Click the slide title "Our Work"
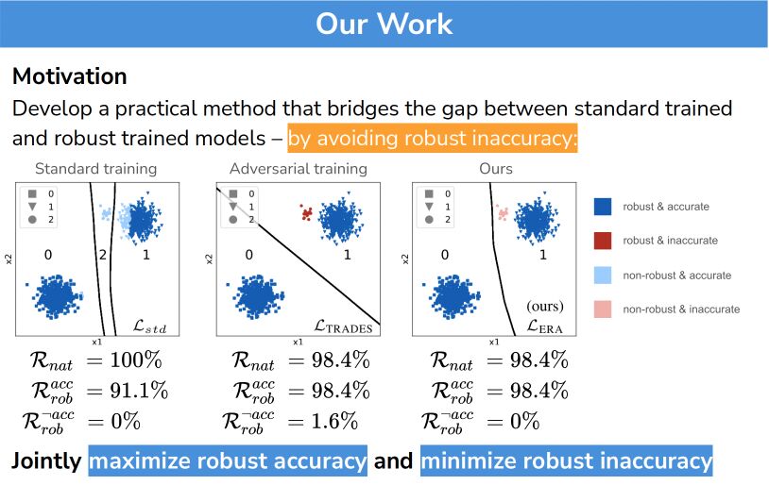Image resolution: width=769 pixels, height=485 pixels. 384,24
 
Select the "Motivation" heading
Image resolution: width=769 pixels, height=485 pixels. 70,75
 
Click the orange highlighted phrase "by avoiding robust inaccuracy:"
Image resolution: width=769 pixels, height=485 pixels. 432,139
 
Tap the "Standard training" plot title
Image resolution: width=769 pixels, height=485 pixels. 96,170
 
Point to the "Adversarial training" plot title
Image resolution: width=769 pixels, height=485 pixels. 298,170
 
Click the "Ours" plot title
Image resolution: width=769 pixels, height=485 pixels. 496,170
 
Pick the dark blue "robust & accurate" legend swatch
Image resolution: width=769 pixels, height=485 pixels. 602,206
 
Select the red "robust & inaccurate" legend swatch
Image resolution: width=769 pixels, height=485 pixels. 602,241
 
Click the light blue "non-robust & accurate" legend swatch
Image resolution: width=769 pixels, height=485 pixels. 602,275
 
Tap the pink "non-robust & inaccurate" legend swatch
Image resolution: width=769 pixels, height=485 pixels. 602,309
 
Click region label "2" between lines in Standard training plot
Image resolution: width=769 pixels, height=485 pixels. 104,255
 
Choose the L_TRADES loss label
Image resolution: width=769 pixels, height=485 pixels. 345,326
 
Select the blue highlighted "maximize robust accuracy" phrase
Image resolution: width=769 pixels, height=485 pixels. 228,461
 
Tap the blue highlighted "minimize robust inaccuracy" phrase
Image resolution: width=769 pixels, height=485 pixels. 566,461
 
